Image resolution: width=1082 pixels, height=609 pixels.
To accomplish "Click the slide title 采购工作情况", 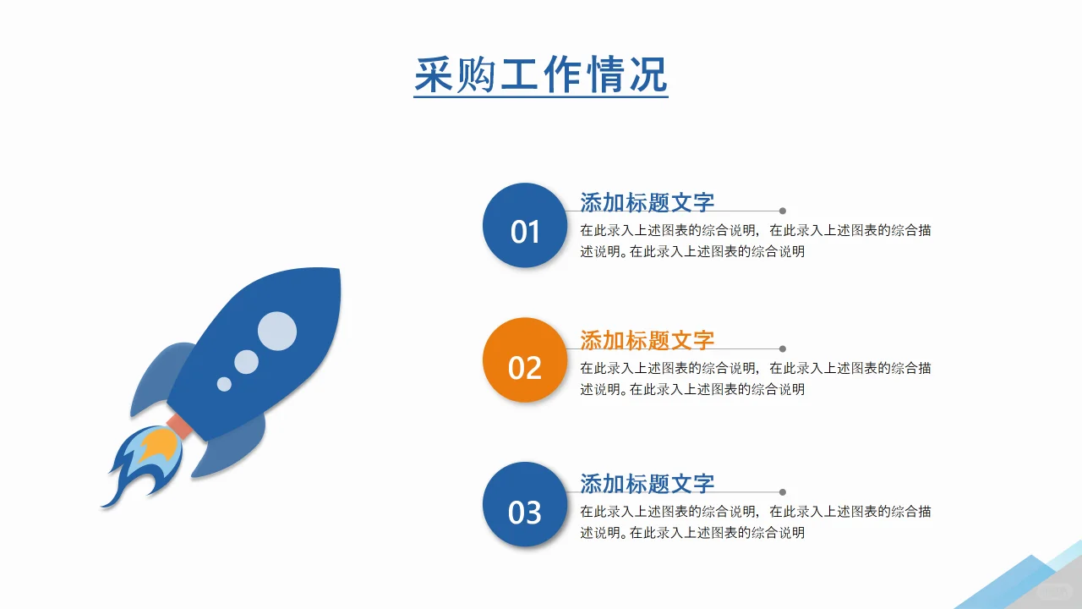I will coord(541,74).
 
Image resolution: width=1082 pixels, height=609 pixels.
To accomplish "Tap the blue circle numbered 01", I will coord(524,226).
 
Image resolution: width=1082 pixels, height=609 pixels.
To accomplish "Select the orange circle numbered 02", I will coord(524,360).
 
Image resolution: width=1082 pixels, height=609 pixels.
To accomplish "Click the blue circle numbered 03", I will coord(524,504).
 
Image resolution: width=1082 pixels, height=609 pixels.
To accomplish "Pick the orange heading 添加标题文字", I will coord(647,340).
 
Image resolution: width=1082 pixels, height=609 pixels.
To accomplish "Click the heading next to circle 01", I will coord(647,202).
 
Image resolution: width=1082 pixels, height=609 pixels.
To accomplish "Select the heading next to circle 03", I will coord(647,483).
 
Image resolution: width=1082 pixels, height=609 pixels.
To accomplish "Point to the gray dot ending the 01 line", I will coord(783,211).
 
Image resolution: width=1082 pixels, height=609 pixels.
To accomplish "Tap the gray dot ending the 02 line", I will coord(783,348).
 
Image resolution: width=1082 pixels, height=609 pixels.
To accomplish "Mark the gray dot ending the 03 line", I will coord(783,492).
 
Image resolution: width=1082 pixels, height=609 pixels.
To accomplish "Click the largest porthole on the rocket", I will coord(277,331).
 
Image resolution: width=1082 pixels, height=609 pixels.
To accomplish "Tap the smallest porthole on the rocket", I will coord(224,384).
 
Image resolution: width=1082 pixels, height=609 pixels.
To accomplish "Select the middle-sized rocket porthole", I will coord(246,362).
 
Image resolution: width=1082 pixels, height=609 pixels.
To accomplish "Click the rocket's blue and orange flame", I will coord(145,461).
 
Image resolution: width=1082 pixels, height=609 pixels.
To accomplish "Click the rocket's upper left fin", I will coord(163,372).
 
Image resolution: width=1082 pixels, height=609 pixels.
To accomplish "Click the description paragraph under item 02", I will coord(755,378).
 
